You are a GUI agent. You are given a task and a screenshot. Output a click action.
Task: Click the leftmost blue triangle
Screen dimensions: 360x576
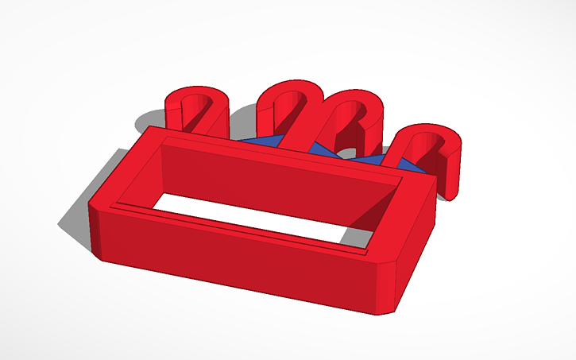[x=262, y=141]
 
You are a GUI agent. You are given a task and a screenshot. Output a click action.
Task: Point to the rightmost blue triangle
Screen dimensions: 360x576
[x=409, y=165]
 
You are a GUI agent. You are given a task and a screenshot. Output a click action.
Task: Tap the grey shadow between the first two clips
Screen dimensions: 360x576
[x=242, y=127]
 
